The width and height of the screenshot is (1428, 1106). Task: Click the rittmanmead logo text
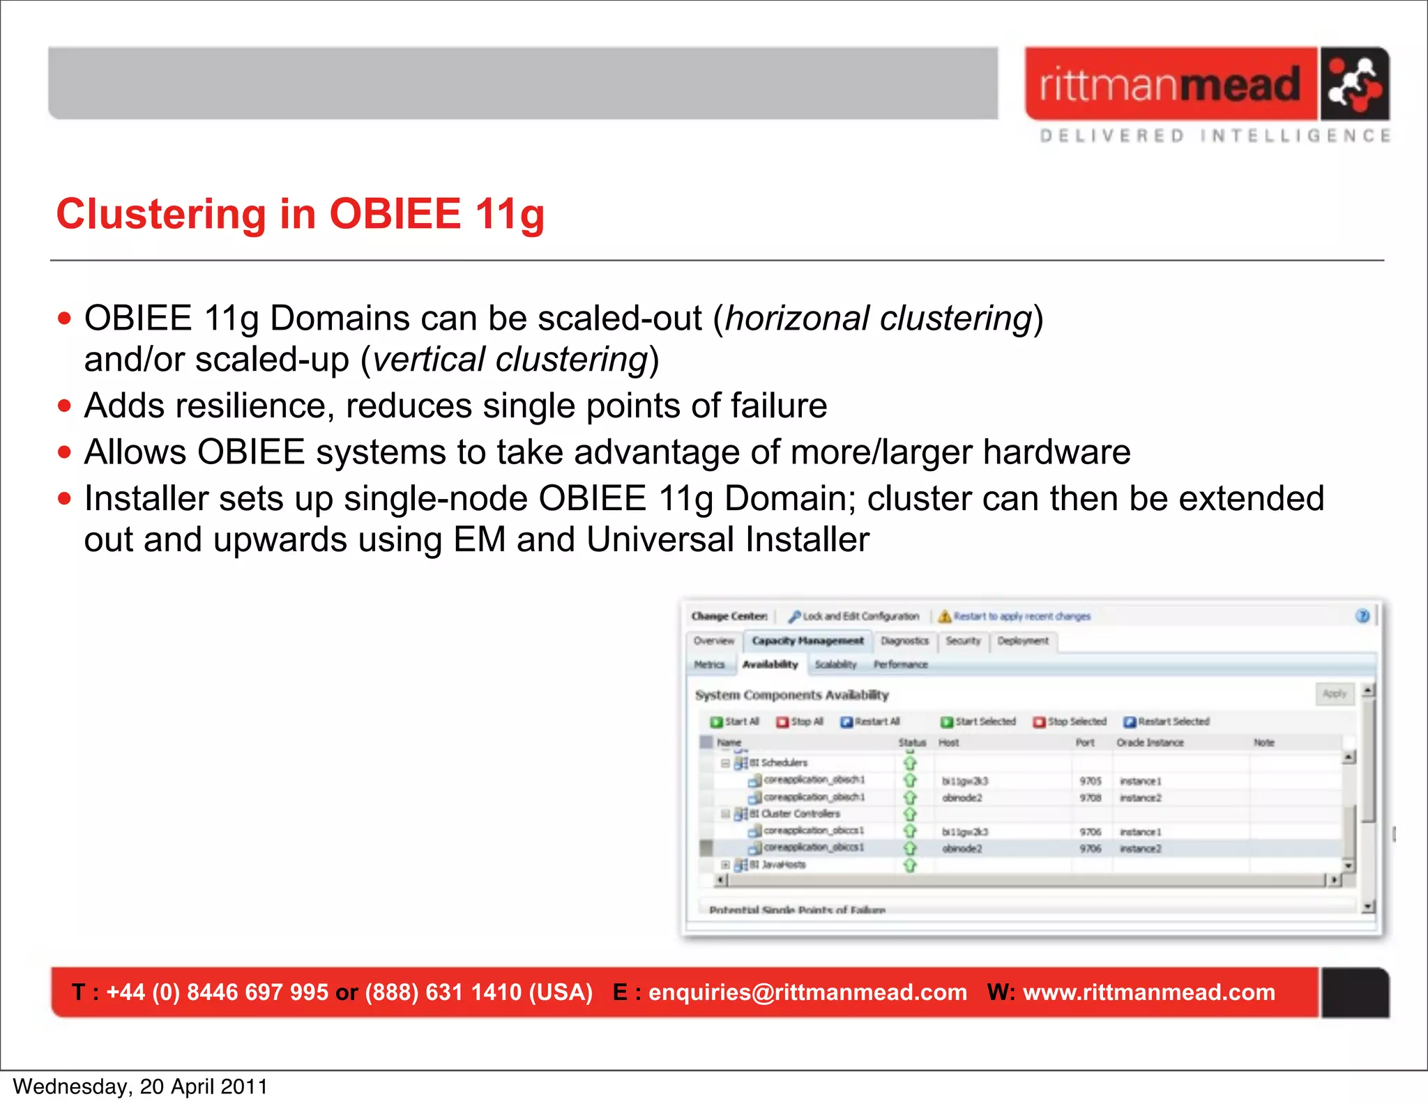click(1170, 85)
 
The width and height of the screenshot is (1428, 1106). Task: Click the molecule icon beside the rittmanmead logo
click(1353, 84)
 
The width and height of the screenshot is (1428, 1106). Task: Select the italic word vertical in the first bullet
click(429, 360)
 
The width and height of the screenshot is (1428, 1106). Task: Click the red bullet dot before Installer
click(65, 499)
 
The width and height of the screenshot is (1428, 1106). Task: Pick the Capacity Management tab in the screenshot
click(807, 640)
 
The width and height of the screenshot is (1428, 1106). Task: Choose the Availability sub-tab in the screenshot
click(770, 664)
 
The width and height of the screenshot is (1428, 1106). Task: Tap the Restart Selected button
click(1167, 721)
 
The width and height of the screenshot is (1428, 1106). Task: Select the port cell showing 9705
click(1091, 781)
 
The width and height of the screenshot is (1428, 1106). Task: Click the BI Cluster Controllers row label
click(800, 813)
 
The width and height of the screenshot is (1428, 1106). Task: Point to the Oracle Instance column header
click(1150, 742)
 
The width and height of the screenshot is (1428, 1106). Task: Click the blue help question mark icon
click(1362, 615)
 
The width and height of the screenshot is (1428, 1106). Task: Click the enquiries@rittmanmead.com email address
click(807, 992)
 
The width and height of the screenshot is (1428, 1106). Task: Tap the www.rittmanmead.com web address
click(1148, 992)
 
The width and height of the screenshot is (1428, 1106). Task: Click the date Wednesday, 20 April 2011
click(140, 1086)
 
